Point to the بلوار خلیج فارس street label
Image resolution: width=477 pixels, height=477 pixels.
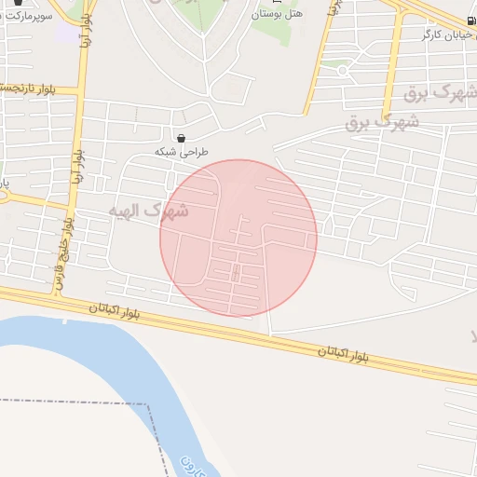click(x=66, y=246)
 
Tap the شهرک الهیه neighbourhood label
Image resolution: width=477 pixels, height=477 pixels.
click(x=149, y=211)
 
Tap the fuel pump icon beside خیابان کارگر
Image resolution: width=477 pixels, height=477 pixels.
click(x=470, y=20)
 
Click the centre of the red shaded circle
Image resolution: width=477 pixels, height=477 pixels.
click(x=238, y=238)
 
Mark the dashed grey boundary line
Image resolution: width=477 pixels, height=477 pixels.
click(x=75, y=402)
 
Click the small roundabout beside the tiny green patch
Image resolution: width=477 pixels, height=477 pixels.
click(x=342, y=71)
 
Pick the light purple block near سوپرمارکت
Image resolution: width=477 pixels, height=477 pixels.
click(x=67, y=32)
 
